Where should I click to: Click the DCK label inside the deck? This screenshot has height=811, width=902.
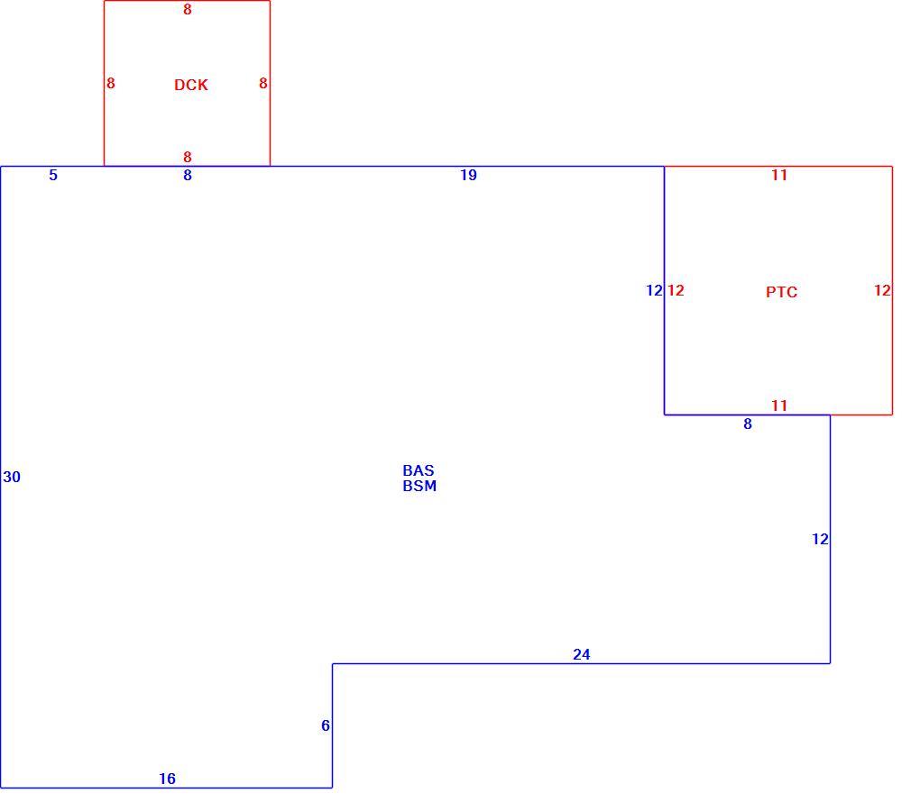click(x=191, y=85)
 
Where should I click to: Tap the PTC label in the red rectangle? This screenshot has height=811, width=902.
click(x=781, y=292)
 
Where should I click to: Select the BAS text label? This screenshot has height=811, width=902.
click(x=419, y=470)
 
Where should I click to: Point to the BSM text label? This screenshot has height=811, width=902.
click(x=419, y=487)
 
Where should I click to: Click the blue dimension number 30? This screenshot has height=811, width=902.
click(x=12, y=477)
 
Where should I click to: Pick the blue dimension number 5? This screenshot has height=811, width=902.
click(x=53, y=176)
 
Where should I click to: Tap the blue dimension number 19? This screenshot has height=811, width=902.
click(x=468, y=176)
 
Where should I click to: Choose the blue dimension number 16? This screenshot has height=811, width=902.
click(x=167, y=779)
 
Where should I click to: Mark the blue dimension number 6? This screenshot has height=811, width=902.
click(x=326, y=726)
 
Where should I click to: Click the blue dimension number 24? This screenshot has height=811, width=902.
click(x=582, y=655)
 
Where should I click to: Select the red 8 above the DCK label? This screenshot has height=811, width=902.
click(x=188, y=10)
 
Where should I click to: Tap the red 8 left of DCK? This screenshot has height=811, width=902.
click(x=111, y=84)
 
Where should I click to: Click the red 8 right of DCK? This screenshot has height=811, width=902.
click(x=263, y=84)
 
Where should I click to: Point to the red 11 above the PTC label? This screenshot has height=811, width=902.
click(x=779, y=176)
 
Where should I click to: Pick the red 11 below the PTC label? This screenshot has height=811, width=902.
click(x=779, y=405)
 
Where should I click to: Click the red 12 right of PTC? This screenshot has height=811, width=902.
click(x=882, y=291)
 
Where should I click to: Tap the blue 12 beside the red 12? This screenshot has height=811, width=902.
click(x=655, y=291)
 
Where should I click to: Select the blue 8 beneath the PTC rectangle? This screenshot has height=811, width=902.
click(x=748, y=424)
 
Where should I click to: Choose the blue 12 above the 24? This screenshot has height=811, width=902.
click(x=820, y=539)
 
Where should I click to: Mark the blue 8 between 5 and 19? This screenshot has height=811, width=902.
click(x=188, y=176)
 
